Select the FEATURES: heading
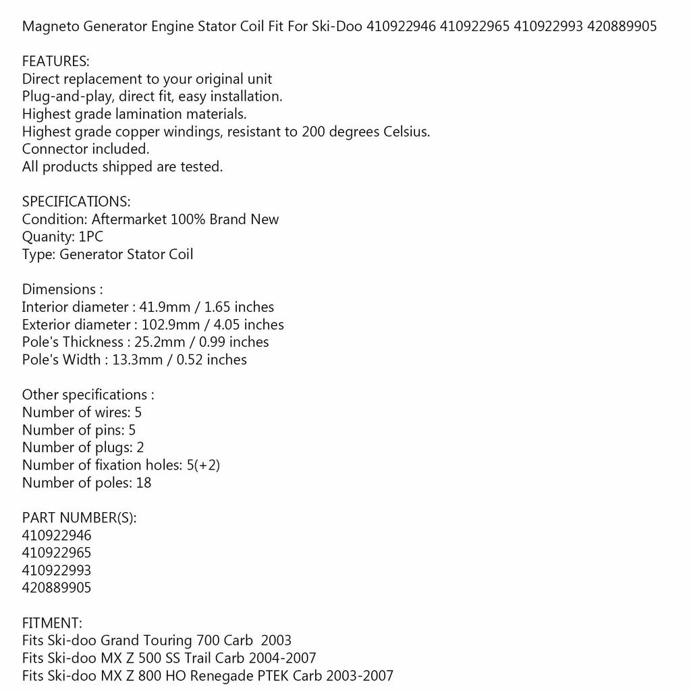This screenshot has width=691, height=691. pyautogui.click(x=55, y=61)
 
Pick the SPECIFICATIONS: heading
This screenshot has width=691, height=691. pyautogui.click(x=76, y=202)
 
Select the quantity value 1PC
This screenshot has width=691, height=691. pyautogui.click(x=91, y=237)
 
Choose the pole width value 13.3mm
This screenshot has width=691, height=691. pyautogui.click(x=134, y=360)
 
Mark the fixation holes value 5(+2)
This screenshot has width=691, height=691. pyautogui.click(x=204, y=465)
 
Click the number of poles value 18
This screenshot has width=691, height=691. pyautogui.click(x=143, y=482)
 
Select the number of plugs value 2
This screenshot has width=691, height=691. pyautogui.click(x=140, y=447)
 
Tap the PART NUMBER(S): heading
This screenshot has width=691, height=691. pyautogui.click(x=79, y=518)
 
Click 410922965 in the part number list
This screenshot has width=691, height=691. pyautogui.click(x=57, y=553)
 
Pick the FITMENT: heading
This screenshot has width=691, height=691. pyautogui.click(x=52, y=623)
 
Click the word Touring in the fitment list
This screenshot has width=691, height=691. pyautogui.click(x=167, y=640)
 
